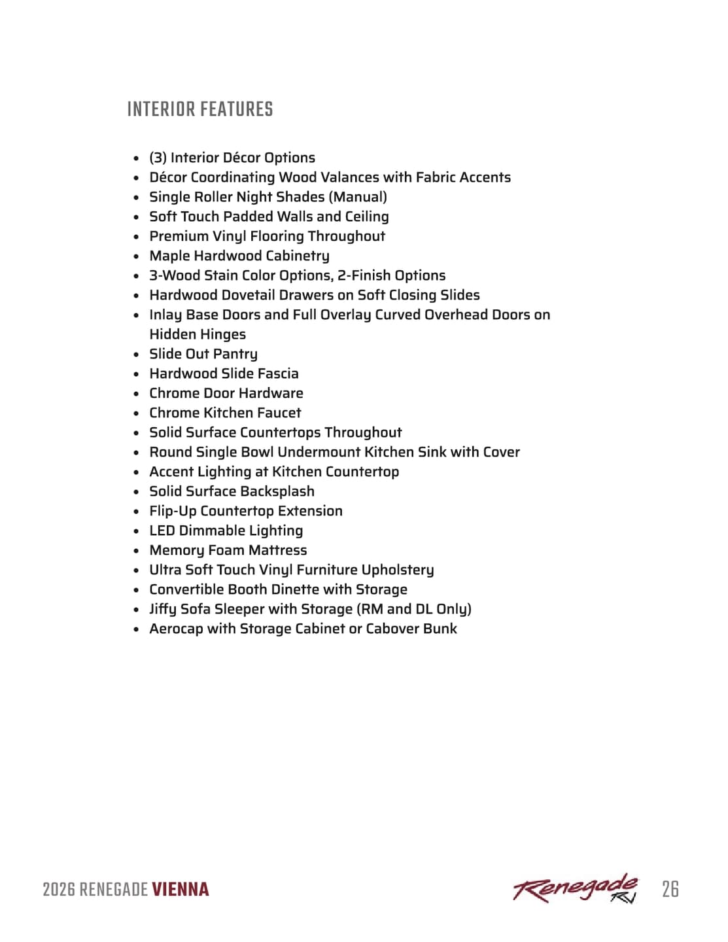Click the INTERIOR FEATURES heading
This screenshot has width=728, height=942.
(x=199, y=109)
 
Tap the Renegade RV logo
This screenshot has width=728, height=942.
(x=575, y=889)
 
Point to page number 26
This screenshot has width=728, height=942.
(x=670, y=889)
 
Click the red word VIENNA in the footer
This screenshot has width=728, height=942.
(x=181, y=890)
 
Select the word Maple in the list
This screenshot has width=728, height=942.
(x=169, y=256)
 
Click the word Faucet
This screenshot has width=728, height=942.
(x=279, y=413)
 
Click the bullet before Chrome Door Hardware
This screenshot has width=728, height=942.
(x=136, y=394)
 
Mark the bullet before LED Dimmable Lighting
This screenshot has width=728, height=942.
(x=136, y=531)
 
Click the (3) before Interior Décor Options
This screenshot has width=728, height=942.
(x=158, y=158)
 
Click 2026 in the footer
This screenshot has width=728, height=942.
(x=59, y=890)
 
